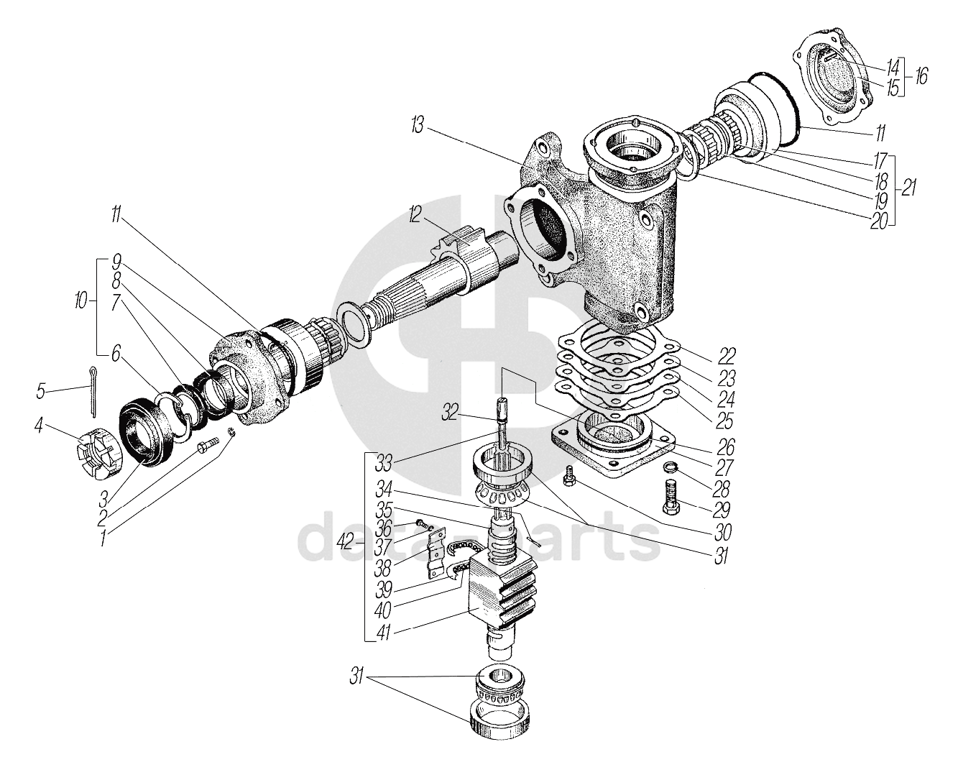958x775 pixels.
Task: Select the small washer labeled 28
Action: click(x=668, y=469)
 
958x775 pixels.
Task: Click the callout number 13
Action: click(x=418, y=127)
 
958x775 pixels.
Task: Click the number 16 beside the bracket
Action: click(x=920, y=76)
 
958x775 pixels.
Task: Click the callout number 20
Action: click(x=880, y=221)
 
